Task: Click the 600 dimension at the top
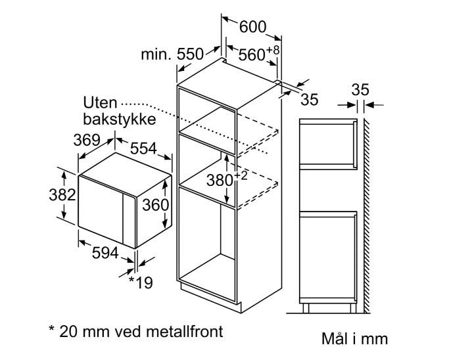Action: [x=253, y=27]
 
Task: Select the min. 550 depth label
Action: [x=172, y=55]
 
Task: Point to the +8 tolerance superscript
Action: [x=272, y=50]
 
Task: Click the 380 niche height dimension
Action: [x=220, y=181]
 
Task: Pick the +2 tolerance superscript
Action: [x=240, y=175]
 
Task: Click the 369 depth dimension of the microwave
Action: [x=87, y=140]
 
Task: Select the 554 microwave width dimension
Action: [x=143, y=148]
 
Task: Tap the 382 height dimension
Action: [x=62, y=195]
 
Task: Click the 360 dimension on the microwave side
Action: [x=155, y=205]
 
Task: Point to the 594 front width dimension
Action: [x=105, y=253]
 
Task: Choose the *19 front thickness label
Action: [x=141, y=282]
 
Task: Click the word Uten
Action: [x=100, y=103]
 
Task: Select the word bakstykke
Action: [x=120, y=119]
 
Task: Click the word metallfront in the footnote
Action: [x=185, y=331]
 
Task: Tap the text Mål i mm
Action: [x=354, y=338]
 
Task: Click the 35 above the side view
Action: [x=360, y=89]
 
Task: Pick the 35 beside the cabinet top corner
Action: [x=310, y=100]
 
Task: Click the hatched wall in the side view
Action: [x=367, y=215]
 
